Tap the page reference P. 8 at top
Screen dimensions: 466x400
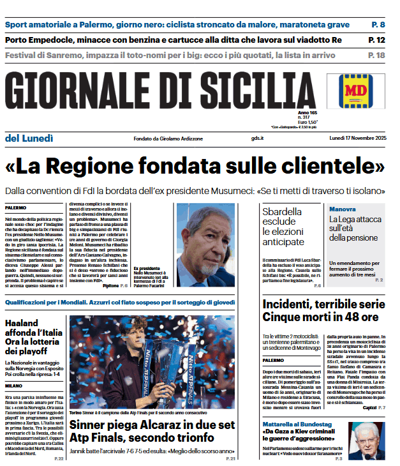click(378, 25)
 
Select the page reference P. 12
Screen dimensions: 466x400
click(376, 40)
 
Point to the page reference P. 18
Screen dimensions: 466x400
click(376, 56)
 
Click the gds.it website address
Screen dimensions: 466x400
click(257, 139)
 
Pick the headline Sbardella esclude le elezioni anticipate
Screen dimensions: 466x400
click(284, 226)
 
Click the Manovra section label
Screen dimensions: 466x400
click(342, 209)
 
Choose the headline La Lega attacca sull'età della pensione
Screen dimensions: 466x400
click(355, 229)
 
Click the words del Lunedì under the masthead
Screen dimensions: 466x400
click(29, 138)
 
